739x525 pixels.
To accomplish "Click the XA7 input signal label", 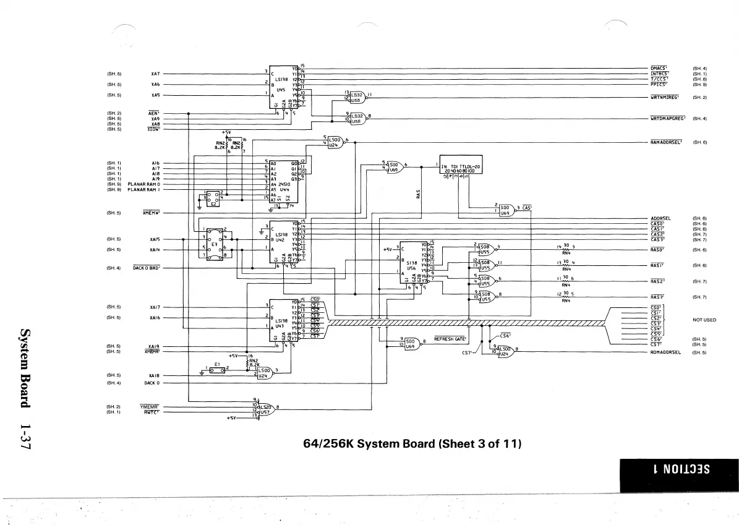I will pyautogui.click(x=155, y=73).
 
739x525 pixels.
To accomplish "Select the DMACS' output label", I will pyautogui.click(x=657, y=68).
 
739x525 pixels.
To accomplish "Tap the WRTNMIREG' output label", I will pyautogui.click(x=665, y=97).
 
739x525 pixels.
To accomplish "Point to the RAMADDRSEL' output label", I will pyautogui.click(x=666, y=142).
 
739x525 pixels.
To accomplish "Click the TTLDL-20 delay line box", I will pyautogui.click(x=461, y=168).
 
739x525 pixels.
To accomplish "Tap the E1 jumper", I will pyautogui.click(x=217, y=370).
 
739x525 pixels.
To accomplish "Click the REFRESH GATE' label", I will pyautogui.click(x=450, y=339).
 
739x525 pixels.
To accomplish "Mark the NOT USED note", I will pyautogui.click(x=704, y=320).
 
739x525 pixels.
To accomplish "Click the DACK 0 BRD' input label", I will pyautogui.click(x=147, y=268).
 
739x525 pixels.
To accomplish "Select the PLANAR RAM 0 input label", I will pyautogui.click(x=144, y=184).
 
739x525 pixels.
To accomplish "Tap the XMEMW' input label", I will pyautogui.click(x=152, y=213).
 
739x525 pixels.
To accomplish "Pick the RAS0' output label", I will pyautogui.click(x=657, y=250).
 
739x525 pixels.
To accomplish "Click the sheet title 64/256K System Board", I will pyautogui.click(x=414, y=444).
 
